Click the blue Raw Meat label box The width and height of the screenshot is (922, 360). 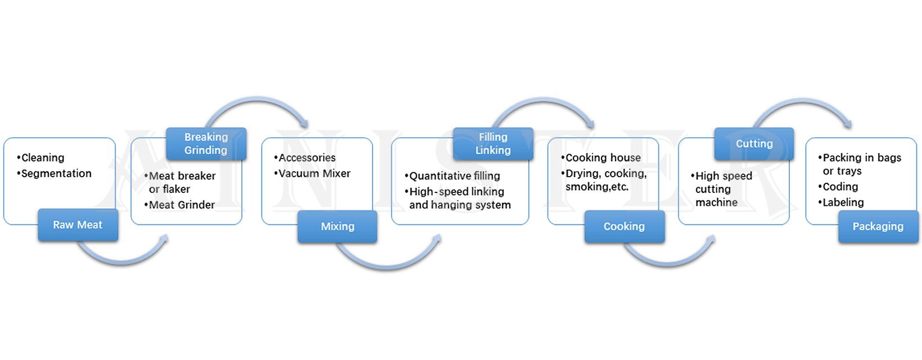(x=78, y=225)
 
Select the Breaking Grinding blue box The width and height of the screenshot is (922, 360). (x=206, y=143)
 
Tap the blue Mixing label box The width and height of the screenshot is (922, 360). (x=337, y=226)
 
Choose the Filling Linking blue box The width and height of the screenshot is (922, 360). (x=492, y=143)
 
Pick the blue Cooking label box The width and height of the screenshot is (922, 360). (x=624, y=226)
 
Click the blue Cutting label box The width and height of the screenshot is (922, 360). (x=754, y=143)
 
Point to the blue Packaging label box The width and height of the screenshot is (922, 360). (x=878, y=226)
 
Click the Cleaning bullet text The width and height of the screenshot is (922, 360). (x=42, y=157)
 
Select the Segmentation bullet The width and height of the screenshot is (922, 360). (x=56, y=173)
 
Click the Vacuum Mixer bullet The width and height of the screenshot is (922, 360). (x=314, y=173)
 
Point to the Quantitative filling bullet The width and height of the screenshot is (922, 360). (x=454, y=176)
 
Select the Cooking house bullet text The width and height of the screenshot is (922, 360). (x=602, y=157)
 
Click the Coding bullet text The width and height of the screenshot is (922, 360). (x=840, y=187)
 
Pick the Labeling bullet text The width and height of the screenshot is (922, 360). (x=843, y=202)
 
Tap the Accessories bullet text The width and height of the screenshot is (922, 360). (x=306, y=157)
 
